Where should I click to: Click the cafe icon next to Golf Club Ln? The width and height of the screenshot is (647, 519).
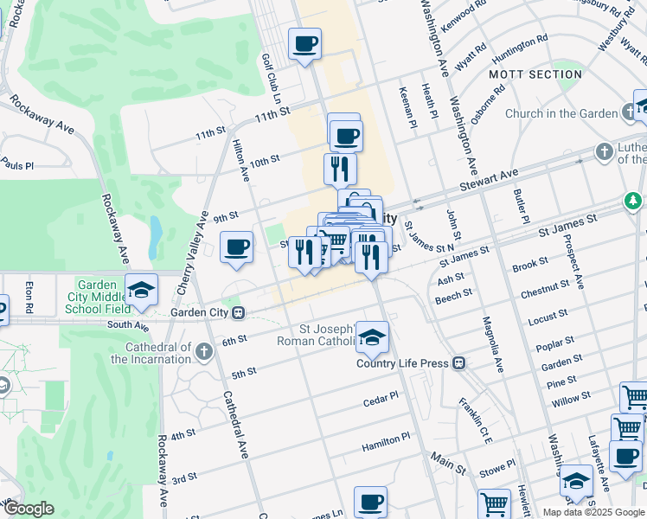coord(304,43)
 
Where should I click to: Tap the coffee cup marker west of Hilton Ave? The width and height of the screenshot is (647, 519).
coord(236,248)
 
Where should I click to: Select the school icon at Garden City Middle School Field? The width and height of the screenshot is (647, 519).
coord(142,289)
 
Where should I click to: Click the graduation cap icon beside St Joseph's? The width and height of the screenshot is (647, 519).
coord(372,337)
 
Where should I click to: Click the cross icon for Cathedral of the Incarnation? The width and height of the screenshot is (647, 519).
coord(203,351)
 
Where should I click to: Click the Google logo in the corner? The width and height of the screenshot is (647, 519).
coord(29,509)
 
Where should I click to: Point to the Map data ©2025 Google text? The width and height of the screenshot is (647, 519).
coord(593,512)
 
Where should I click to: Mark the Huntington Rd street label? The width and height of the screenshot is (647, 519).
coord(520,48)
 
